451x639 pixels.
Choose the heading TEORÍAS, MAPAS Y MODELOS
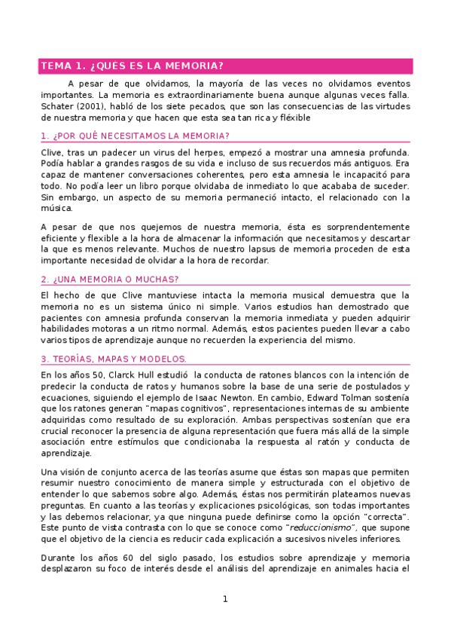[114, 359]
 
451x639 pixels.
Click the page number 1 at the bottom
[224, 599]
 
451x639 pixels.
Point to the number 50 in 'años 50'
[84, 375]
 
